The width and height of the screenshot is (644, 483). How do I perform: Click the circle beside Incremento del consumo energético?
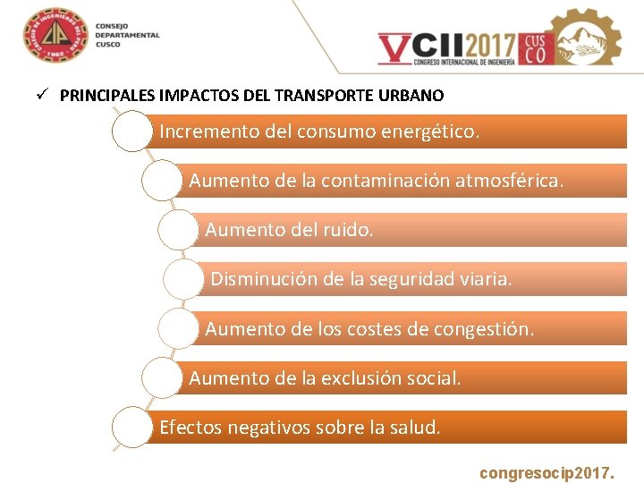click(133, 132)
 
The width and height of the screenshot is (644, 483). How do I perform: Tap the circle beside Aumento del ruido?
click(178, 231)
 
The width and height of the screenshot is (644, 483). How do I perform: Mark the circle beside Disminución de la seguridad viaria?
click(183, 280)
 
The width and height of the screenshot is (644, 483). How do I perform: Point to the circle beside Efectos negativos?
click(133, 428)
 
